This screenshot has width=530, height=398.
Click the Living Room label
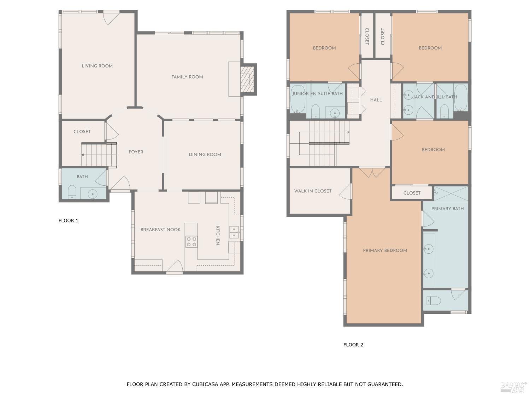pyautogui.click(x=97, y=66)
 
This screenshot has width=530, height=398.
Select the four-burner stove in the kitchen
pyautogui.click(x=192, y=242)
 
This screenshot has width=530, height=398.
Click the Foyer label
pyautogui.click(x=136, y=152)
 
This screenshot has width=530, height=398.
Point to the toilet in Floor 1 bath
pyautogui.click(x=72, y=192)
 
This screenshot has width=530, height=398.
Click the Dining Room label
pyautogui.click(x=205, y=155)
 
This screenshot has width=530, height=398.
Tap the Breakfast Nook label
pyautogui.click(x=160, y=230)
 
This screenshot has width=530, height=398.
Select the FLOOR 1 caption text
pyautogui.click(x=69, y=221)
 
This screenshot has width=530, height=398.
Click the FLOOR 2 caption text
pyautogui.click(x=353, y=345)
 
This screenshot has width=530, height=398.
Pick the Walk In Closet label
pyautogui.click(x=313, y=191)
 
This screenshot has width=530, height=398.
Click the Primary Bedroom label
pyautogui.click(x=385, y=250)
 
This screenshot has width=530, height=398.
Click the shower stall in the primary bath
pyautogui.click(x=450, y=194)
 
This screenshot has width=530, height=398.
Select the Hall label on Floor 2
pyautogui.click(x=376, y=100)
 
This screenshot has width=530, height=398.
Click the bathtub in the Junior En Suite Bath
pyautogui.click(x=298, y=99)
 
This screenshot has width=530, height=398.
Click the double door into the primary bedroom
pyautogui.click(x=372, y=172)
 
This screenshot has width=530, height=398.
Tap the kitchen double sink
pyautogui.click(x=234, y=232)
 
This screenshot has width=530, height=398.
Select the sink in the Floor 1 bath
pyautogui.click(x=93, y=194)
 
